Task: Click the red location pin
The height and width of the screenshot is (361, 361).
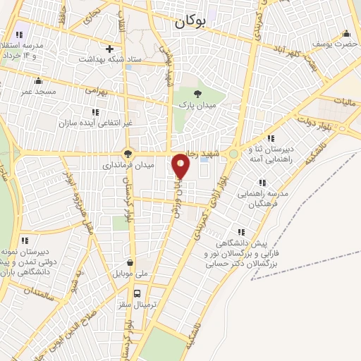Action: tap(181, 166)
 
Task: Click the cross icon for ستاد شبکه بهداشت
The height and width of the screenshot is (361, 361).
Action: tap(109, 49)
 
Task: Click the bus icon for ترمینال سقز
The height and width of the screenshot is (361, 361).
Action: tap(137, 293)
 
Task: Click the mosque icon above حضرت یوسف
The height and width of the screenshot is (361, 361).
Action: tap(345, 33)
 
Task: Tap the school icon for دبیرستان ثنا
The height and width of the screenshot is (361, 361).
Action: tap(271, 138)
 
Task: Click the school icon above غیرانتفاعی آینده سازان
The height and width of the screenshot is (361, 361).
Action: tap(94, 111)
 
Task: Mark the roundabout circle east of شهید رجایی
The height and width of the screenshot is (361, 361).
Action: tap(233, 153)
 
